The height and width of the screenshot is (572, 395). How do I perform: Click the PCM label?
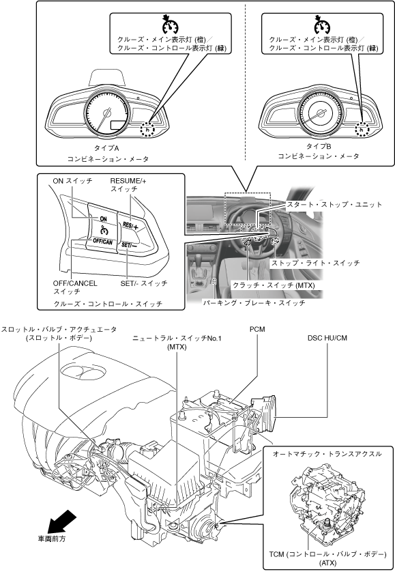(x=257, y=329)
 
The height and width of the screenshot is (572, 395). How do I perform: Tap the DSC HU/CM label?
(x=327, y=338)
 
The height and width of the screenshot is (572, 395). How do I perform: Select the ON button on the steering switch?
(x=103, y=218)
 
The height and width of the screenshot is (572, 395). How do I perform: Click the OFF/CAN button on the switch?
(x=102, y=241)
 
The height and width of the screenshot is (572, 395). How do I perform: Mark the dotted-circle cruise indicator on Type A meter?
(x=147, y=129)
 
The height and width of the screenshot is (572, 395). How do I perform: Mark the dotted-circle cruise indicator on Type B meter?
(x=362, y=129)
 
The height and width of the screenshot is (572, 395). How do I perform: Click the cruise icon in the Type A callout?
(x=170, y=25)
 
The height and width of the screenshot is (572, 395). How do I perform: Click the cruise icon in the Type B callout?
(x=322, y=25)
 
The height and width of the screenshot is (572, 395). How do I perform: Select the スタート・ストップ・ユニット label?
(x=334, y=204)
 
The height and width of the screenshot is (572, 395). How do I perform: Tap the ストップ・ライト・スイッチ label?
(x=314, y=263)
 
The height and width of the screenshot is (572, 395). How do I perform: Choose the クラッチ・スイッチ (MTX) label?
(x=274, y=285)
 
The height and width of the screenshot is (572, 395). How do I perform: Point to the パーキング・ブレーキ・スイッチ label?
(x=254, y=303)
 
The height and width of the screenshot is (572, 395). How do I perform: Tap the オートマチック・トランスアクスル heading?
(x=327, y=454)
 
